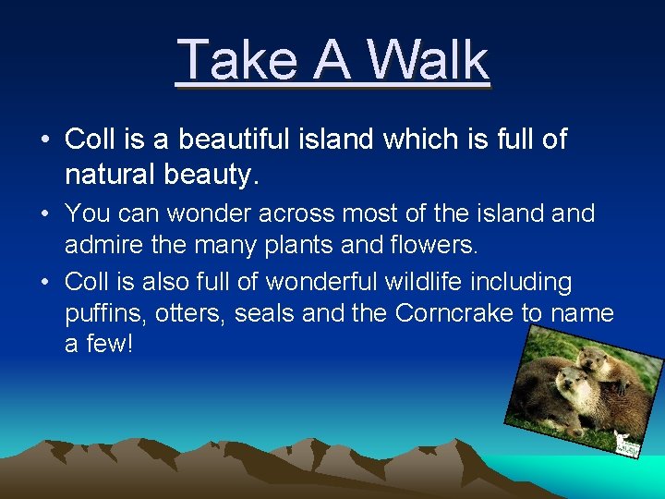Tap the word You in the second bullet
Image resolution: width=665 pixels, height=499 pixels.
(89, 213)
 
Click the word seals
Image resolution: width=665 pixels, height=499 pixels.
(265, 313)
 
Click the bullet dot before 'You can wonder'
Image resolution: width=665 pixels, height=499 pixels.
(44, 214)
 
